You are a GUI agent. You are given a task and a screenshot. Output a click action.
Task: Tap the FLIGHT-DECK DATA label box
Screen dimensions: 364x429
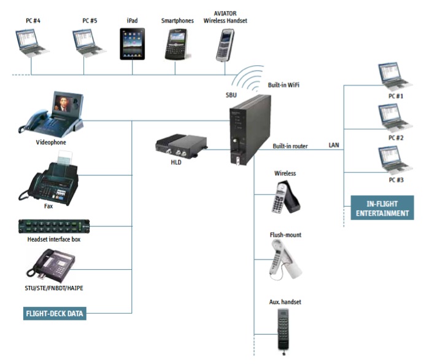click(55, 314)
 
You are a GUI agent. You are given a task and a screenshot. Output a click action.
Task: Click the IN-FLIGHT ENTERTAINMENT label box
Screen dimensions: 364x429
click(382, 208)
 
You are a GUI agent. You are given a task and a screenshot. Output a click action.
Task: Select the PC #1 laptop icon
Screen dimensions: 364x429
click(392, 77)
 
